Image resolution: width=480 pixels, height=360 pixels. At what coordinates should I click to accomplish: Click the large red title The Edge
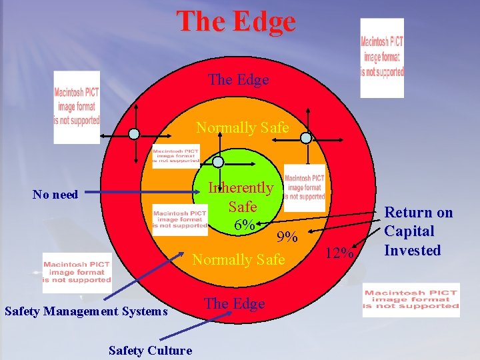tap(235, 21)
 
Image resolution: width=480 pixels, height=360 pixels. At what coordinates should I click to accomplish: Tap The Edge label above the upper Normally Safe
tap(238, 80)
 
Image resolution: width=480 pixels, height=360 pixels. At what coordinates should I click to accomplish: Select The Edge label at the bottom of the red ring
tap(234, 303)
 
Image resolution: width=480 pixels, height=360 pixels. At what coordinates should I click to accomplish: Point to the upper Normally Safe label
tap(242, 127)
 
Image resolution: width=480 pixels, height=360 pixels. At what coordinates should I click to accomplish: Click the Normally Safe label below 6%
tap(238, 259)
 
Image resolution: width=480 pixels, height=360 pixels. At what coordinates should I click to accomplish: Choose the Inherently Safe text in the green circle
tap(241, 197)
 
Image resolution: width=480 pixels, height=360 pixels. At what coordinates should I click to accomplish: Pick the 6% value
tap(244, 225)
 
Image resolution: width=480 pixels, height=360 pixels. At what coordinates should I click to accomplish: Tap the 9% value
tap(287, 236)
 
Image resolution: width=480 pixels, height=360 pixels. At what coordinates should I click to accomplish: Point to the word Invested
tap(413, 251)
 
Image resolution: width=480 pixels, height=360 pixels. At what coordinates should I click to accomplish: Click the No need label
tap(55, 195)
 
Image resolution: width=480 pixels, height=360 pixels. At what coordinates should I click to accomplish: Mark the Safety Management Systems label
tap(86, 311)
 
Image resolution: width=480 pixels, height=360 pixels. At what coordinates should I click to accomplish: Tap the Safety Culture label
tap(151, 350)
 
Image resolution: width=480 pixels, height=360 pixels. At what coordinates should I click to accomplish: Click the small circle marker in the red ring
tap(134, 134)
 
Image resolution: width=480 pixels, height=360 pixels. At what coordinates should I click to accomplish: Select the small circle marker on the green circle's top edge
tap(217, 161)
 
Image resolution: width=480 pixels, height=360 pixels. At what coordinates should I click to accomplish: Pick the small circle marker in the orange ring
tap(306, 139)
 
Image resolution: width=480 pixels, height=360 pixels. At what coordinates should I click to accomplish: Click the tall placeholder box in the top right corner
tap(382, 57)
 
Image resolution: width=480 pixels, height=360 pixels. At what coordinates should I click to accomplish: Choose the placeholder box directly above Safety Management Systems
tap(77, 273)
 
